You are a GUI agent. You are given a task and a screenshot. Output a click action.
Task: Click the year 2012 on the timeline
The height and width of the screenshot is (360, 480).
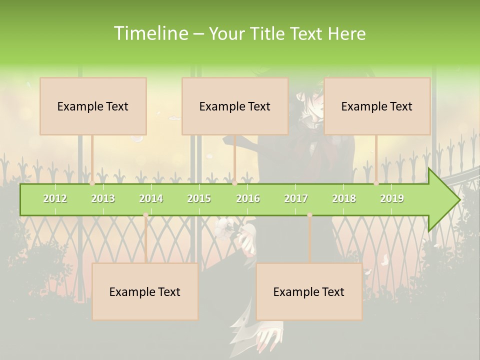pos(55,198)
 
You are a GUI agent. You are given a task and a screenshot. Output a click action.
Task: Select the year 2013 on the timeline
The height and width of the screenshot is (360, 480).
pos(103,198)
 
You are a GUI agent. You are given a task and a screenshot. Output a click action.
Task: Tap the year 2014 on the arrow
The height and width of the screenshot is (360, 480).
pos(151,198)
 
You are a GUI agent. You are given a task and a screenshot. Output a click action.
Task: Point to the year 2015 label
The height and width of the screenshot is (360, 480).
pos(199,198)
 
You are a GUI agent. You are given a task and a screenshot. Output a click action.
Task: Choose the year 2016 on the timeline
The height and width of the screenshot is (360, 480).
pos(248,198)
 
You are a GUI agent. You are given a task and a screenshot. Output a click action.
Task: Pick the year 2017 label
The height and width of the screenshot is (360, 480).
pos(296,198)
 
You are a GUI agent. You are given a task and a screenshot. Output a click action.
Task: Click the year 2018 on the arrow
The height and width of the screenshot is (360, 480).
pos(344,198)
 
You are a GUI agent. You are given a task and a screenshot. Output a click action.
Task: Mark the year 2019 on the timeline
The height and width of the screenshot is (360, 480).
pos(392,198)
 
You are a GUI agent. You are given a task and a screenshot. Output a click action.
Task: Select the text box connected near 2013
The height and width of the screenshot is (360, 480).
pos(93,106)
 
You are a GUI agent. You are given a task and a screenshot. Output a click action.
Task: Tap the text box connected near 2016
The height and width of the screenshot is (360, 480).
pos(235,106)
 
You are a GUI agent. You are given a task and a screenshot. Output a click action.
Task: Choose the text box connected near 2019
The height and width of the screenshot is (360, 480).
pos(377,106)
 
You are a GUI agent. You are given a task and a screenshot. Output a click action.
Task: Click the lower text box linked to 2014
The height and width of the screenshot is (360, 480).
pos(145,291)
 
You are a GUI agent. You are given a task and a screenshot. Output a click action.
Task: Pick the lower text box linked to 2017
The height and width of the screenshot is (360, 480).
pos(309,291)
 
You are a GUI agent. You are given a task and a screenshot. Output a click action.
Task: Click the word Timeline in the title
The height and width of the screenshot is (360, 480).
pos(149,33)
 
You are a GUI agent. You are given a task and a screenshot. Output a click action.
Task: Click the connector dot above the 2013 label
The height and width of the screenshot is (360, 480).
pos(92,183)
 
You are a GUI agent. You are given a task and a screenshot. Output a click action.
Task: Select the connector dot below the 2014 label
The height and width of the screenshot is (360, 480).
pos(145,215)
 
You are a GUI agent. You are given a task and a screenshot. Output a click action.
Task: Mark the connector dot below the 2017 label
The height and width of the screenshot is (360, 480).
pos(309,215)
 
